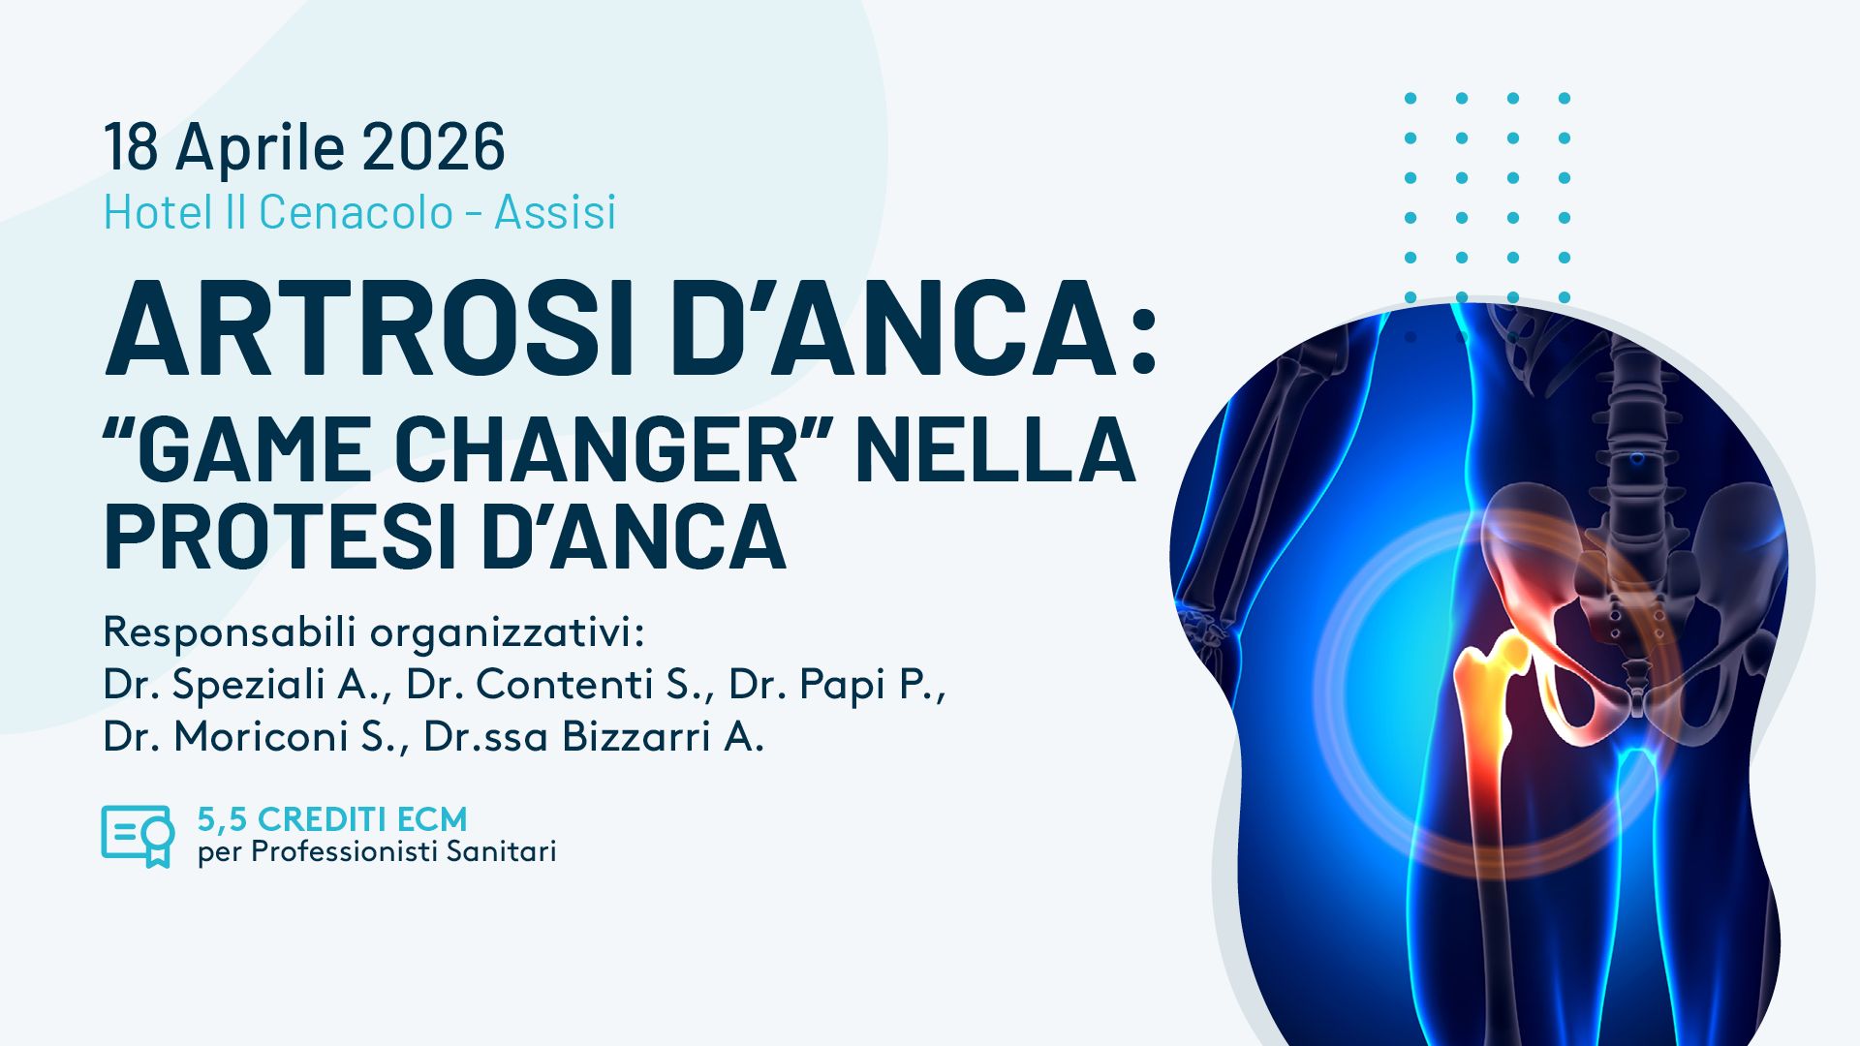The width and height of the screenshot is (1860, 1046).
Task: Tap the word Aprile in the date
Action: click(260, 148)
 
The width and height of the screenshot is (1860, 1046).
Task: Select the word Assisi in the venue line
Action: click(555, 212)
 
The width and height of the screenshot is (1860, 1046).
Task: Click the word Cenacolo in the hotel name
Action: click(356, 212)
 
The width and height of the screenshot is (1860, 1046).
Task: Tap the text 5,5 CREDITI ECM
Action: click(332, 819)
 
